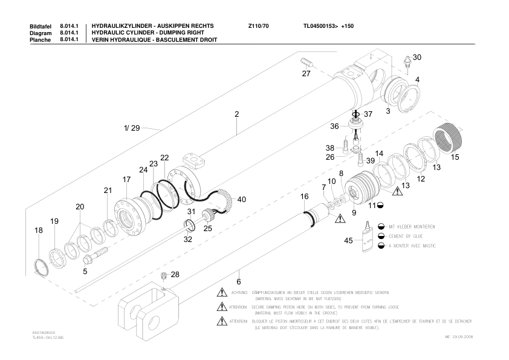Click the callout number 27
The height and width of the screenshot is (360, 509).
pyautogui.click(x=306, y=73)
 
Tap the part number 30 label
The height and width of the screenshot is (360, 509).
pyautogui.click(x=417, y=57)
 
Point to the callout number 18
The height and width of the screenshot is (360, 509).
pyautogui.click(x=39, y=231)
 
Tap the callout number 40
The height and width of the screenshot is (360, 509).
pyautogui.click(x=241, y=199)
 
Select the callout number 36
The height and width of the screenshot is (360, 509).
pyautogui.click(x=334, y=126)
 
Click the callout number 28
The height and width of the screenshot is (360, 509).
pyautogui.click(x=175, y=275)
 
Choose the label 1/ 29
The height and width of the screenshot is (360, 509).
pyautogui.click(x=132, y=128)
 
